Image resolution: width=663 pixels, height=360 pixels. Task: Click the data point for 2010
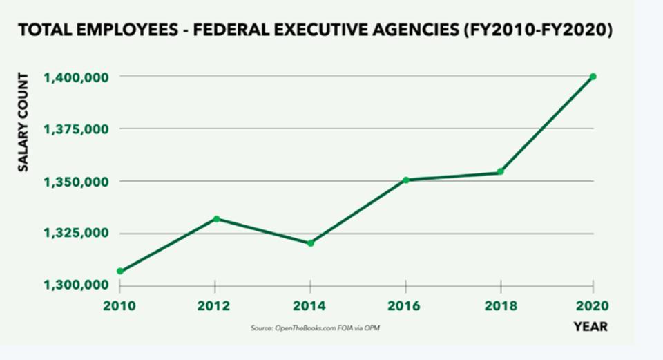pos(120,272)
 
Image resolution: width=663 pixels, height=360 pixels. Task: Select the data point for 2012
pos(216,219)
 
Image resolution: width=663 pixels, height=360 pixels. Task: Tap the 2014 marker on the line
pos(311,243)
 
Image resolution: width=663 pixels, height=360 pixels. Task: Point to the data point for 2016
pos(405,180)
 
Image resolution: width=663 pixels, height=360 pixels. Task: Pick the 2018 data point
pos(501,172)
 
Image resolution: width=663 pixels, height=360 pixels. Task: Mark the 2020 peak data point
pos(593,77)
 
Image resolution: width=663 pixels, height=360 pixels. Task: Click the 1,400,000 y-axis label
pos(75,77)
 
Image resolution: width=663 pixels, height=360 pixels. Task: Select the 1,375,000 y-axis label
pos(75,129)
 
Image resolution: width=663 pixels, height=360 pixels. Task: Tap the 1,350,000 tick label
pos(75,182)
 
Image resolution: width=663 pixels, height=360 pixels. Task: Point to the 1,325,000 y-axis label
pos(75,234)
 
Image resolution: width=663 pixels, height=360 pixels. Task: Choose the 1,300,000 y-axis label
pos(75,285)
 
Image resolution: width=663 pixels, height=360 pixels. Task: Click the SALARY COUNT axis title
pos(23,122)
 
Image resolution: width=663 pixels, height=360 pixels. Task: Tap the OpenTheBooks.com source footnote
pos(315,328)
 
